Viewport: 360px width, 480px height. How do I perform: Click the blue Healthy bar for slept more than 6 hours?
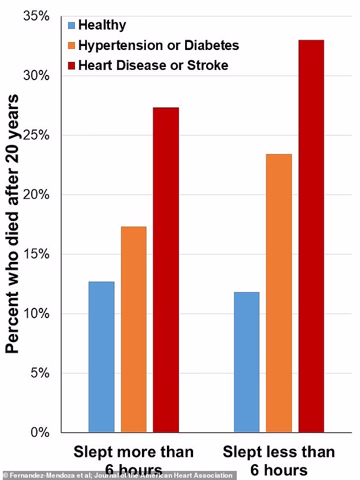pos(102,357)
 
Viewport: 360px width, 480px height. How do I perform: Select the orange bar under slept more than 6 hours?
pos(133,329)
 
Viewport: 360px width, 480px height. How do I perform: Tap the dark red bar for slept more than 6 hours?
pos(166,270)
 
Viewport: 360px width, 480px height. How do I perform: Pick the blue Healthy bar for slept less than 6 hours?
pos(246,362)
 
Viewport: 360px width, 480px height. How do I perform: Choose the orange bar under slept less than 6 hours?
pos(279,293)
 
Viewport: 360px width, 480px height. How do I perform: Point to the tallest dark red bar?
pos(311,236)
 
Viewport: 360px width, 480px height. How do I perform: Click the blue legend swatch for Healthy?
pos(72,26)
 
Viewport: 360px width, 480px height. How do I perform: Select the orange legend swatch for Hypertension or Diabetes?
pos(72,45)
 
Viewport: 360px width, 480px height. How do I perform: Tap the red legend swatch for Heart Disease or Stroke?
pos(72,65)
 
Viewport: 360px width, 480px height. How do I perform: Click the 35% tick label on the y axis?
pos(37,16)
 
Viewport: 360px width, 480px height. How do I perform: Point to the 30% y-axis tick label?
pos(37,76)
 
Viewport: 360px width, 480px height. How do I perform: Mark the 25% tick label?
pos(37,136)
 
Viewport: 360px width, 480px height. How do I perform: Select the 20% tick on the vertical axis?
pos(37,195)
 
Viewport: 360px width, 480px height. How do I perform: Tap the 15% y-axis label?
pos(37,254)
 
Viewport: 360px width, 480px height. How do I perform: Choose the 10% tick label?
pos(37,314)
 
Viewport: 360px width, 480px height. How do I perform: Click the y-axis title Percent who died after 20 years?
pos(12,224)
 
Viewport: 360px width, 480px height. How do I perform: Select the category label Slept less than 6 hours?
pos(279,460)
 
